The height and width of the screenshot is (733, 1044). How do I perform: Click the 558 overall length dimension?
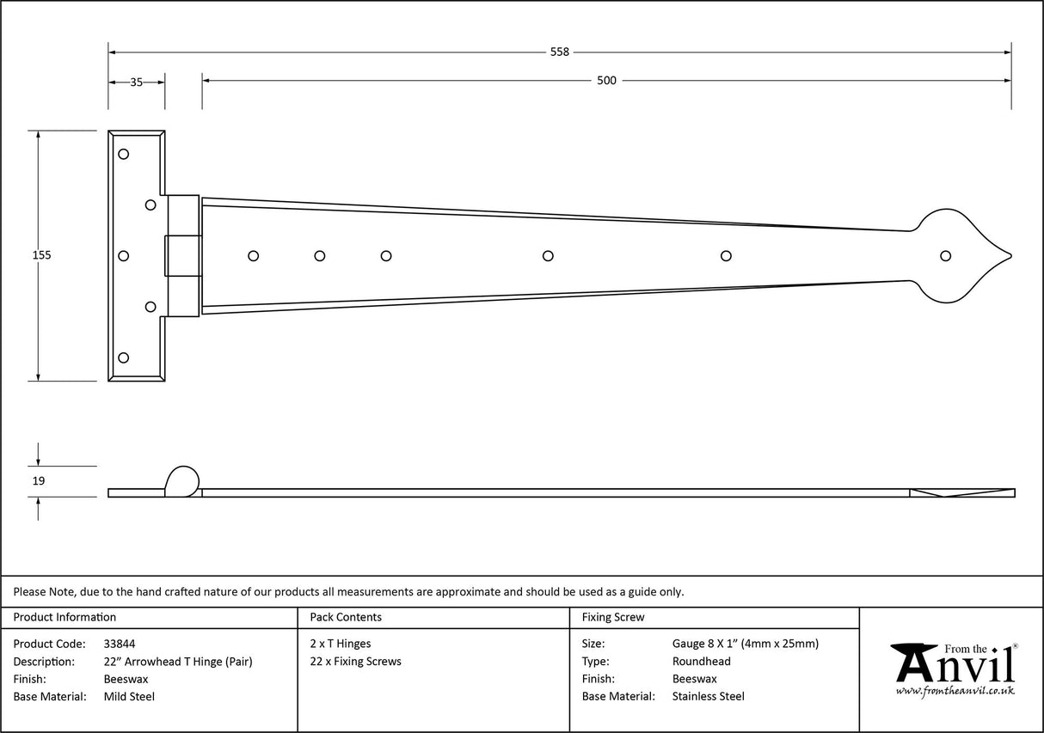pyautogui.click(x=559, y=52)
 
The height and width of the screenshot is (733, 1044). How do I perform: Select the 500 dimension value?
pyautogui.click(x=606, y=81)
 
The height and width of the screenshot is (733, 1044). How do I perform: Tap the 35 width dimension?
pyautogui.click(x=136, y=82)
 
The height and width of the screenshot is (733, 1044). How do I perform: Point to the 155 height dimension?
pyautogui.click(x=41, y=255)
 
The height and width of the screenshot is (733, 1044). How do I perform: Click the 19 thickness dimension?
pyautogui.click(x=38, y=481)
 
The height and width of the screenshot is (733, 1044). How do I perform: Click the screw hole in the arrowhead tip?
pyautogui.click(x=946, y=255)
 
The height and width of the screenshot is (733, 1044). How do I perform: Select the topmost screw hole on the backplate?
pyautogui.click(x=123, y=154)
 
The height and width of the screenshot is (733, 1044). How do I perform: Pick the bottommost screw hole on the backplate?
pyautogui.click(x=123, y=357)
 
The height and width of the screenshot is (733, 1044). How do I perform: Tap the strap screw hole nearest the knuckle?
pyautogui.click(x=253, y=255)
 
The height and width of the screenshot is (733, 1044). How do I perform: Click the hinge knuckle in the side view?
pyautogui.click(x=181, y=481)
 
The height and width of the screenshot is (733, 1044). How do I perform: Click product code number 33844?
pyautogui.click(x=119, y=644)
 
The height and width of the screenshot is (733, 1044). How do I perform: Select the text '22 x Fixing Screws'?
pyautogui.click(x=355, y=662)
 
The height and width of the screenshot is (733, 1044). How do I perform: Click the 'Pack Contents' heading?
pyautogui.click(x=345, y=617)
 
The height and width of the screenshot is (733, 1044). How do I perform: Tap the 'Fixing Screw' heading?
pyautogui.click(x=612, y=617)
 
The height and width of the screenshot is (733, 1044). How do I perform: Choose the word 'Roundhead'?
pyautogui.click(x=701, y=662)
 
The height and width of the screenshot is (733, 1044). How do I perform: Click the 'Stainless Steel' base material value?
pyautogui.click(x=708, y=697)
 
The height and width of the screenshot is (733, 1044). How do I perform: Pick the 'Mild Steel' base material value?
pyautogui.click(x=128, y=697)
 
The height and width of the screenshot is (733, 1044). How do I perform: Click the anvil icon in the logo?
pyautogui.click(x=914, y=662)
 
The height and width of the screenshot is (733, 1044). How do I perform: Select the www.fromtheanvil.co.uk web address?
pyautogui.click(x=955, y=691)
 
